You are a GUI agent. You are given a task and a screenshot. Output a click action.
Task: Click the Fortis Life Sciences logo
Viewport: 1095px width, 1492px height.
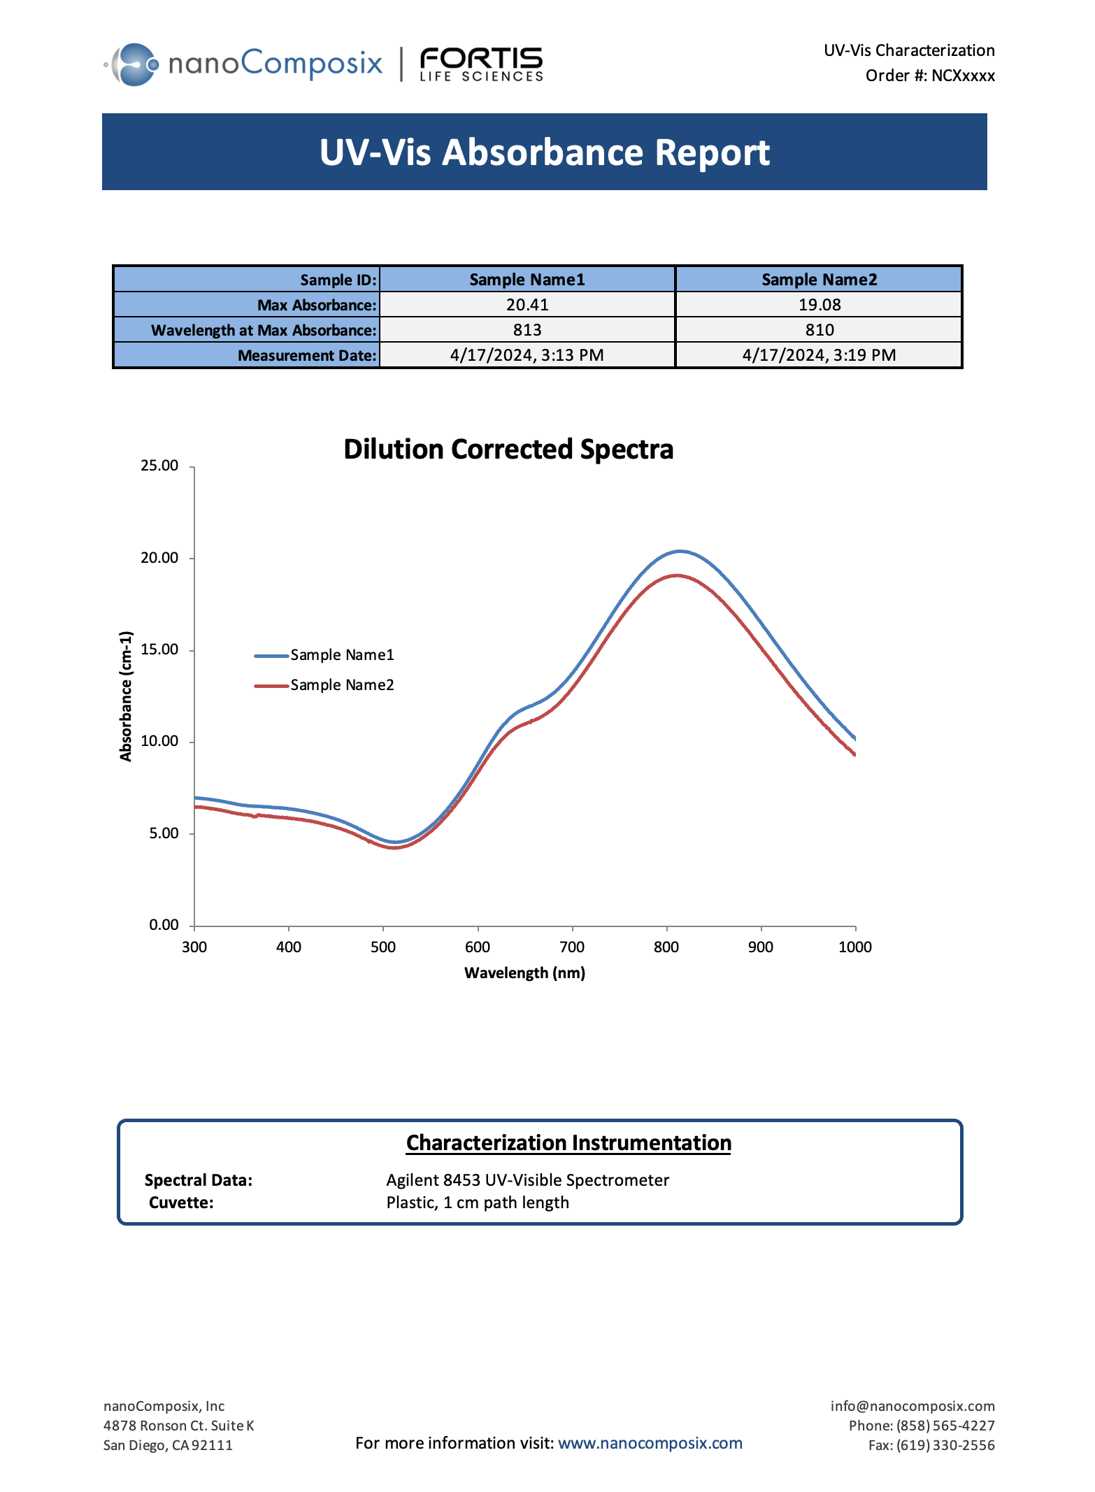[x=481, y=64]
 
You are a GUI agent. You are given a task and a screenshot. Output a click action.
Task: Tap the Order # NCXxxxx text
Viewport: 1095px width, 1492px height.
[x=929, y=76]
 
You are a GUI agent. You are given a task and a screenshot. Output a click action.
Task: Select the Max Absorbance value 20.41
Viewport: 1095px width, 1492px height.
[x=527, y=305]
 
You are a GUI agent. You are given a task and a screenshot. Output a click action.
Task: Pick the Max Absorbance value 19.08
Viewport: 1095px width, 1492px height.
[x=819, y=305]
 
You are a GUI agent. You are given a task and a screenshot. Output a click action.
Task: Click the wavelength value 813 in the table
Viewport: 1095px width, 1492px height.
[x=527, y=330]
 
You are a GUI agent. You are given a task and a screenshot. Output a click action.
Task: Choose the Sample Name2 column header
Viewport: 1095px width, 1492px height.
[x=819, y=280]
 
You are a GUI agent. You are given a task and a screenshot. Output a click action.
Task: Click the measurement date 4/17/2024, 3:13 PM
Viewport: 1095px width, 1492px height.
[x=527, y=355]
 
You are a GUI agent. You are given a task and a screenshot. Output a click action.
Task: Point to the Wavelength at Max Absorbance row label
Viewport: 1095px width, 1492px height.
[x=264, y=330]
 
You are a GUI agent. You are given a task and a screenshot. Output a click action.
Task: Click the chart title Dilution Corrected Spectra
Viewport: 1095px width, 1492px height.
[x=508, y=449]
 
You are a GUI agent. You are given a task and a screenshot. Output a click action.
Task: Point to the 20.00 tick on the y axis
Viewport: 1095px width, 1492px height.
[x=159, y=558]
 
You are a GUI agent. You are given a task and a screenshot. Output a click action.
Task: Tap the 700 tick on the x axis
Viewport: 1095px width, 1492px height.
[x=572, y=947]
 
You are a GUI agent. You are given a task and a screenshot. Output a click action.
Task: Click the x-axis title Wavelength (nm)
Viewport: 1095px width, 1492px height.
[x=524, y=973]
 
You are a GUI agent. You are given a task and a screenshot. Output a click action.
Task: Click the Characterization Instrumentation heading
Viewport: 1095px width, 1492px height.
[x=568, y=1143]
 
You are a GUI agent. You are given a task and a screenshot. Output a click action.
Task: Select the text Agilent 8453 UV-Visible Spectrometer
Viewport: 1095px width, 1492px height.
[x=527, y=1180]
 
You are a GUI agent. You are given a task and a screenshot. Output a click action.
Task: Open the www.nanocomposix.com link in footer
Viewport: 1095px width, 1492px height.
[x=650, y=1443]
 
